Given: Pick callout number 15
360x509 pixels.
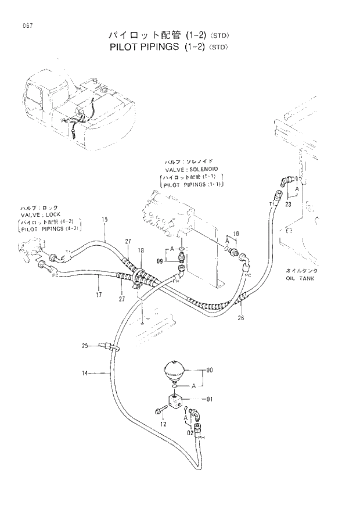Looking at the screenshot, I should (x=105, y=220).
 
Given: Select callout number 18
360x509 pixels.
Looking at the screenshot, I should (x=141, y=250).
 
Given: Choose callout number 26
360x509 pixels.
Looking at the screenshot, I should (x=241, y=317).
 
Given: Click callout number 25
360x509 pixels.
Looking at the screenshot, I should (x=85, y=346).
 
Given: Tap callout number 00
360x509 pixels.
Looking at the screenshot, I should (x=210, y=370).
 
